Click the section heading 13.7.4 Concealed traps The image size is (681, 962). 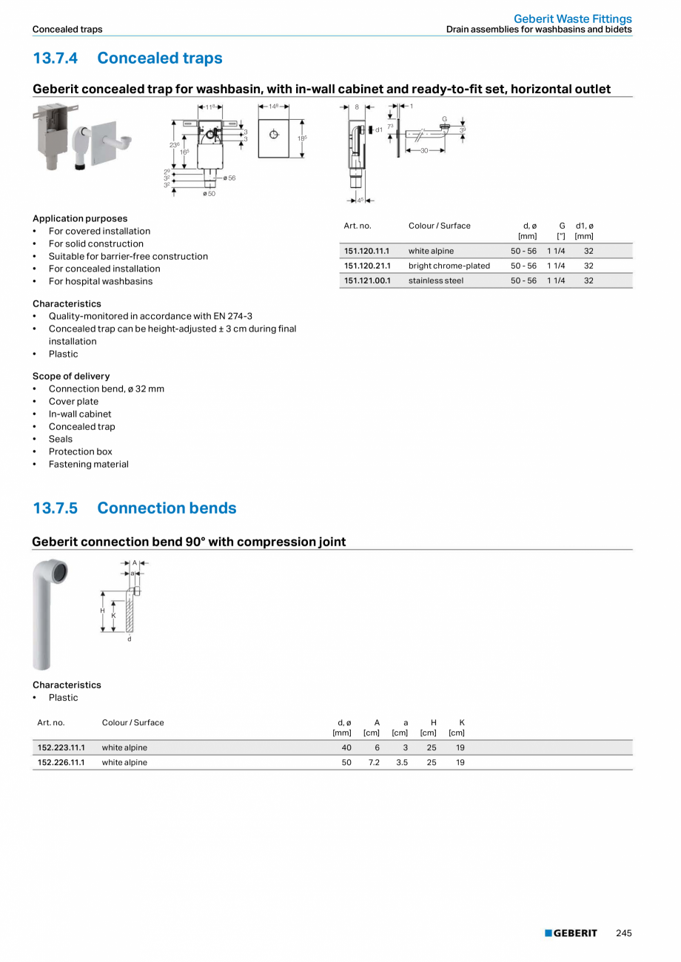(x=127, y=58)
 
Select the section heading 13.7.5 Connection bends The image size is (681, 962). (x=134, y=508)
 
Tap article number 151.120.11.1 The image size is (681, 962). (x=366, y=251)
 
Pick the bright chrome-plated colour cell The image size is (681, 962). (x=449, y=266)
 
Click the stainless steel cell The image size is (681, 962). (x=435, y=280)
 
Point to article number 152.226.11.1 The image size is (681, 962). (x=61, y=762)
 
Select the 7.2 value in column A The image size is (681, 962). (x=374, y=762)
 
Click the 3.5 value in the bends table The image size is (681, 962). (x=402, y=762)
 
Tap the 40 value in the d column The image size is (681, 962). (x=346, y=747)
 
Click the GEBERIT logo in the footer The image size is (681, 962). (x=571, y=933)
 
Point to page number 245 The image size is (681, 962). (x=624, y=933)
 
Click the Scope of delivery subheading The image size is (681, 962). (x=71, y=376)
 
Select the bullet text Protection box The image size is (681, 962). (x=81, y=451)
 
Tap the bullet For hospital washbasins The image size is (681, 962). (x=101, y=281)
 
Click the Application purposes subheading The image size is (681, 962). (x=80, y=218)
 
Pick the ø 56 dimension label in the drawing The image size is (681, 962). (x=229, y=178)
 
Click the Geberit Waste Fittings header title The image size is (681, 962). (x=573, y=18)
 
